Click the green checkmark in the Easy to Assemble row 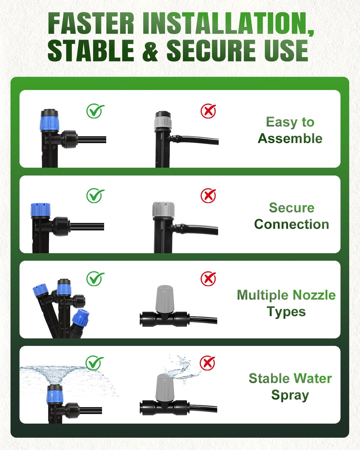pos(95,111)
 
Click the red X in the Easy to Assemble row pos(208,111)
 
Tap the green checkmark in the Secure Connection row pos(95,196)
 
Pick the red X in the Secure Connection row pos(208,196)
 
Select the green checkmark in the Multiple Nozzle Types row pos(95,279)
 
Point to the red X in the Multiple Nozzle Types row pos(208,279)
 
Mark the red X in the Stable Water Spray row pos(208,363)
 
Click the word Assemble pos(290,139)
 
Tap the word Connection pos(291,224)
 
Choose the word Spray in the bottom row pos(290,395)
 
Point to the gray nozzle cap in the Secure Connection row pos(163,209)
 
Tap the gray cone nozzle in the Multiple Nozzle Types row pos(164,298)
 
